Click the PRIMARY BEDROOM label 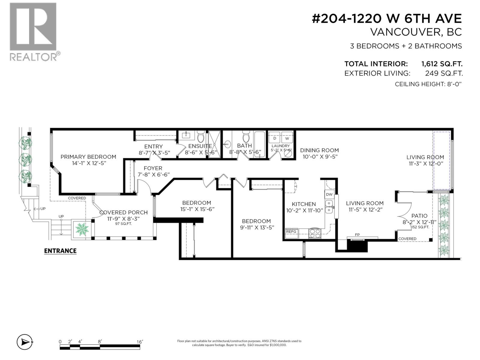(x=88, y=157)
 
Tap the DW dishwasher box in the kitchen (x=329, y=194)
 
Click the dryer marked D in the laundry (x=274, y=138)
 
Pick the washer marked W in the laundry (x=287, y=138)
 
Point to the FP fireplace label (x=357, y=235)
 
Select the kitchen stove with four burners (x=315, y=233)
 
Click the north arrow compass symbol (x=25, y=342)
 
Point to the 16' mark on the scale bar (x=139, y=342)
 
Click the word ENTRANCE (x=60, y=251)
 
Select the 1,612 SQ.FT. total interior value (x=442, y=64)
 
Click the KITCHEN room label (x=304, y=204)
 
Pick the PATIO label (x=419, y=216)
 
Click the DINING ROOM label (x=319, y=150)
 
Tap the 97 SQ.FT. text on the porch (x=123, y=224)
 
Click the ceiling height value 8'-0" (x=454, y=84)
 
